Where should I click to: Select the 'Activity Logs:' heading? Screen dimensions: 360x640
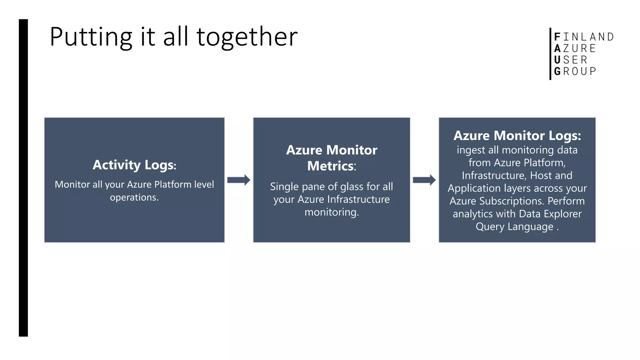click(134, 165)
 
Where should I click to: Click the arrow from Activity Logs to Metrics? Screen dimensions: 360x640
click(238, 180)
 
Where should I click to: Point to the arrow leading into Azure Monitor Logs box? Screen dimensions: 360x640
click(424, 180)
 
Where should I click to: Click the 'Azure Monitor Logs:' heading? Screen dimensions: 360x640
click(517, 136)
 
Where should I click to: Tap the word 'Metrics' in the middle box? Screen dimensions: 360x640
click(331, 166)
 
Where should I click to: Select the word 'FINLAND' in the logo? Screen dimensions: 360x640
click(584, 37)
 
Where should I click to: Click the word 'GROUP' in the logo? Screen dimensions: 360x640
click(575, 71)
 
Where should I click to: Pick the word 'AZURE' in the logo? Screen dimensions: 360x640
click(575, 48)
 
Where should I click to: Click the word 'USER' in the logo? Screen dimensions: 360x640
click(571, 60)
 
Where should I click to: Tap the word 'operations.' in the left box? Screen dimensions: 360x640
click(134, 197)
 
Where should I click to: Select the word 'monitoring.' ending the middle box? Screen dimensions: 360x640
click(332, 212)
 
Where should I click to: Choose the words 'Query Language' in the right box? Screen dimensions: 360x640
click(514, 227)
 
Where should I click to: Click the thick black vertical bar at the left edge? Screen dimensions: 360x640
click(23, 178)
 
